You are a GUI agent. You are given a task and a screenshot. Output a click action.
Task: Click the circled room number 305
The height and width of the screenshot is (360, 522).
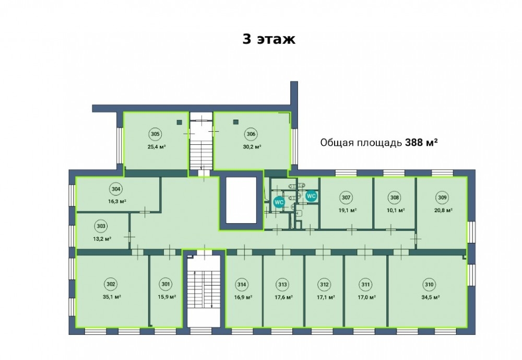pos(155,134)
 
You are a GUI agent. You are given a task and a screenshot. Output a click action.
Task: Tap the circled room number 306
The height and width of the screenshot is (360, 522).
pos(251,134)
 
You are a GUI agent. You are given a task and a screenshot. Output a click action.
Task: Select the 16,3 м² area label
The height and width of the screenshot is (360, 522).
pos(117,202)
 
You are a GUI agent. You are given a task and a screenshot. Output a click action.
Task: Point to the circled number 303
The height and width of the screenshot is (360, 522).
pos(101,226)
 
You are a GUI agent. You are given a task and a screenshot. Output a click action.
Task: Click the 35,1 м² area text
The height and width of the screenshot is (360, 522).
pos(112,297)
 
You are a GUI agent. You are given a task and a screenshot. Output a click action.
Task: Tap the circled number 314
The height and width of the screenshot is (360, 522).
pos(242,285)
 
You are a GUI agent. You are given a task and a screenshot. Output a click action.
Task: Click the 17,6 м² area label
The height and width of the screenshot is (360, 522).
pos(283,297)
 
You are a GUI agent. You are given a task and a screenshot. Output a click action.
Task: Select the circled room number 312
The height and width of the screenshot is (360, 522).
pos(324,285)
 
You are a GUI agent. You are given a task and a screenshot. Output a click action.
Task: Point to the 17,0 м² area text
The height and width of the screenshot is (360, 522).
pos(367,297)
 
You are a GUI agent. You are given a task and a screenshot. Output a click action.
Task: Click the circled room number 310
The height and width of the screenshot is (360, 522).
pos(429,285)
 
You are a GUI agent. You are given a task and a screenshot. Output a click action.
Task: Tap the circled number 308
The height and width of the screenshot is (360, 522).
pos(395,198)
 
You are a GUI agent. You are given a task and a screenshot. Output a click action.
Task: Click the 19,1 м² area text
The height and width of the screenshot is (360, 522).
pos(348,211)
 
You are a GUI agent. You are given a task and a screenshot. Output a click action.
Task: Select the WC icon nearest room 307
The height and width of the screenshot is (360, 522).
pos(311,196)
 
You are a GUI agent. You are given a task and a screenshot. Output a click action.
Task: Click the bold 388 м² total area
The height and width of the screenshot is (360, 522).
pos(421,143)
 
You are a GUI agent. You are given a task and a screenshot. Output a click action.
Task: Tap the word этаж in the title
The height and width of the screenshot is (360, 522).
pos(276,40)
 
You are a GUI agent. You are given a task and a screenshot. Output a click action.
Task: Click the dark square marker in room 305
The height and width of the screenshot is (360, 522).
pos(180,122)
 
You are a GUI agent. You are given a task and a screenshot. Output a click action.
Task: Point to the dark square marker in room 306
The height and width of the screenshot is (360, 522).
pos(236,122)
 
